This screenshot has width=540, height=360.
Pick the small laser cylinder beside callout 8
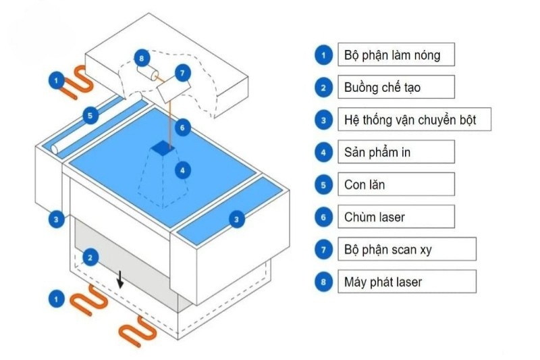(x=152, y=73)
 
